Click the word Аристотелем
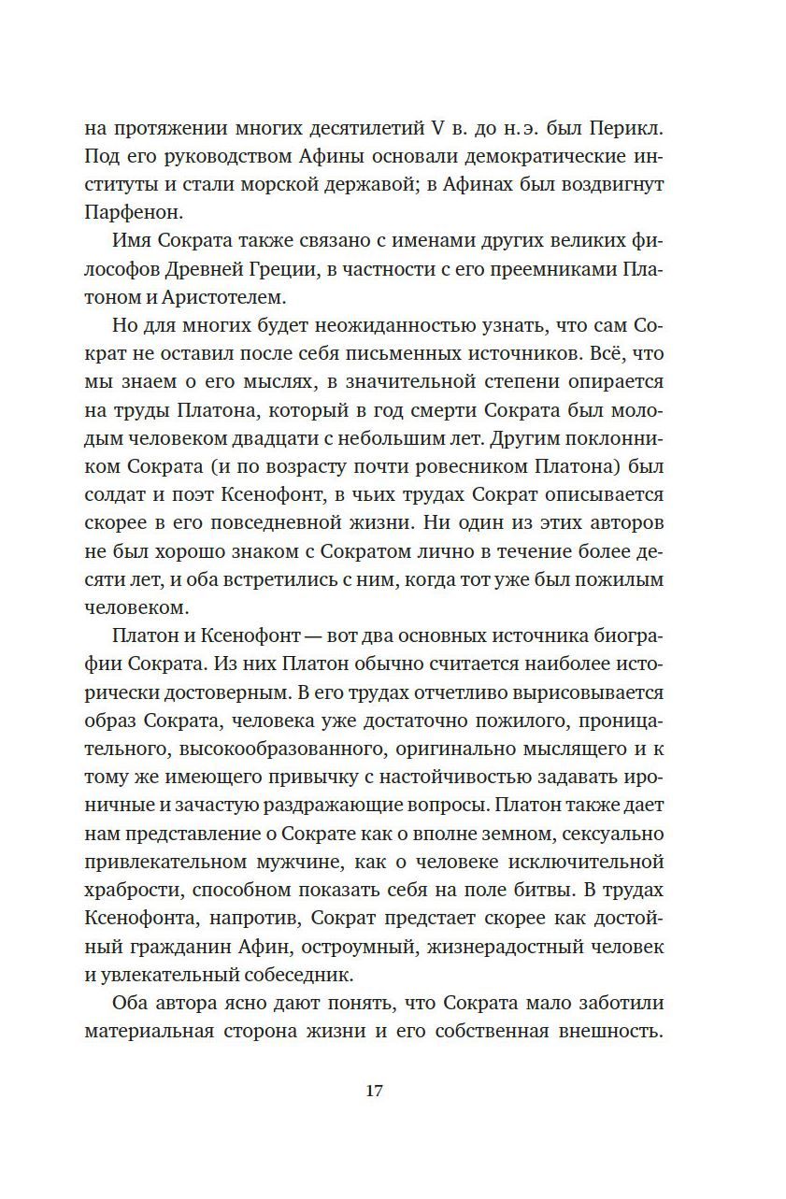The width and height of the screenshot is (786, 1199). pyautogui.click(x=225, y=301)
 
